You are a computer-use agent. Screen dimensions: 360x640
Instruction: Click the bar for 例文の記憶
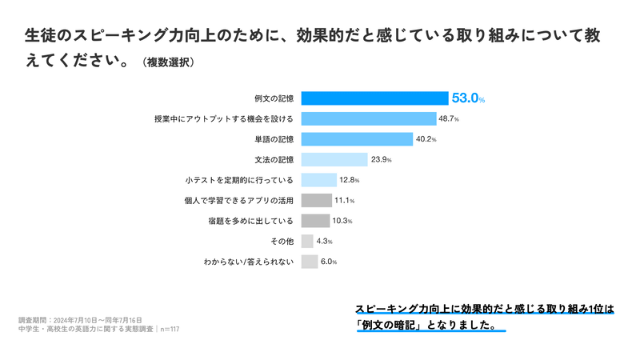[374, 98]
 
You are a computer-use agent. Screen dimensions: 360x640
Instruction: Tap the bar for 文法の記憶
[334, 159]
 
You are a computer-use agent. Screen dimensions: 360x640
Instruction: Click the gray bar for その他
[307, 241]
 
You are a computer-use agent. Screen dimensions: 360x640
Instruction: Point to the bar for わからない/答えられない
[310, 261]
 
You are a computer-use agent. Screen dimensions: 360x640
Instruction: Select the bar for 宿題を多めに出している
[315, 220]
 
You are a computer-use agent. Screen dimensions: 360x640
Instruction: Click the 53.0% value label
[469, 98]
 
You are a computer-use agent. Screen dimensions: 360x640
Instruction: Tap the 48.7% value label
[448, 119]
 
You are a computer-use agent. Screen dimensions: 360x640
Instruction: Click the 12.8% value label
[350, 180]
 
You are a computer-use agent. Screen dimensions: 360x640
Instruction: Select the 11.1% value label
[344, 200]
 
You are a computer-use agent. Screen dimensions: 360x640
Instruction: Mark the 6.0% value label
[329, 262]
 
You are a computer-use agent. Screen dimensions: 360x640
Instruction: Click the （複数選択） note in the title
[168, 62]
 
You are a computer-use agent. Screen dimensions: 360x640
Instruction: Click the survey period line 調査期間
[80, 319]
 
